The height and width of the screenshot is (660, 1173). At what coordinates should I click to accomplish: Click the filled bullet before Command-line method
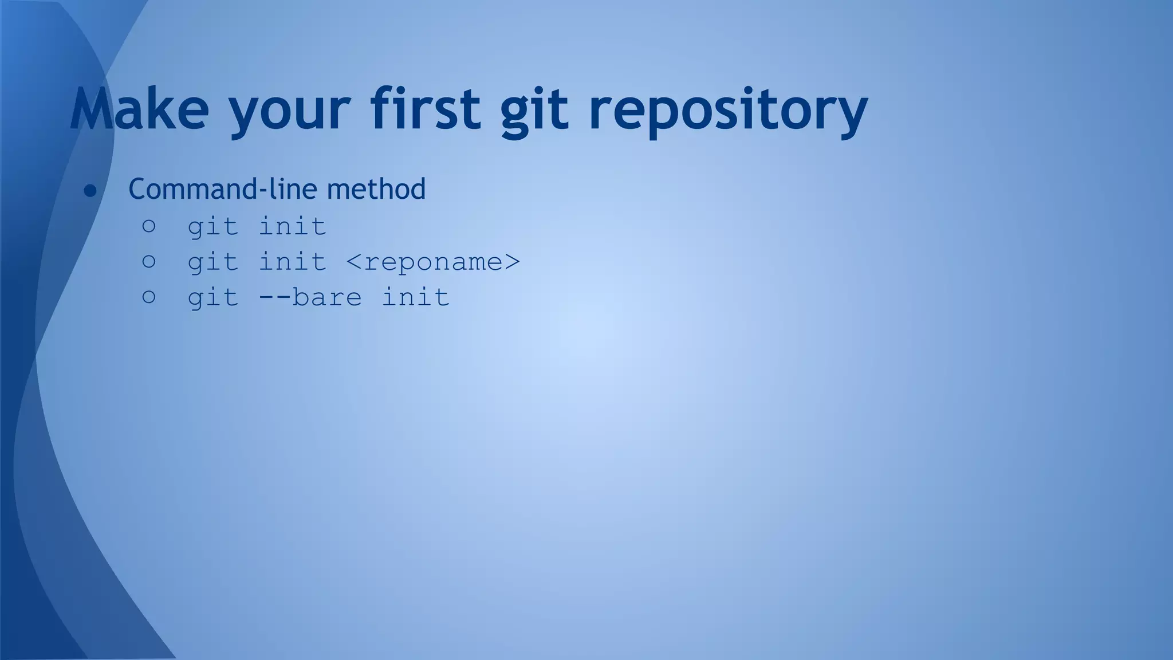(90, 191)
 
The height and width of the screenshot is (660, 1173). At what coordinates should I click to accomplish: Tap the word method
(376, 189)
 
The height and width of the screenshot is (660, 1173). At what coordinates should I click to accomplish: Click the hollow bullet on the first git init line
(149, 226)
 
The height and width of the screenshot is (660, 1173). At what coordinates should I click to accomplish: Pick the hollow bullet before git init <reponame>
(149, 262)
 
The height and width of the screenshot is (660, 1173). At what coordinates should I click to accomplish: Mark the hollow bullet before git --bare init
(149, 297)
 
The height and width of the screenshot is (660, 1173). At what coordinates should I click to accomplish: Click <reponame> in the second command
(433, 262)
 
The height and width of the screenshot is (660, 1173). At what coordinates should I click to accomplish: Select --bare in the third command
(310, 297)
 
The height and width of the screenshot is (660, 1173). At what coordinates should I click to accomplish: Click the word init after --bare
(415, 297)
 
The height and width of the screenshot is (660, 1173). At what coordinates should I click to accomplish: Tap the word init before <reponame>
(293, 262)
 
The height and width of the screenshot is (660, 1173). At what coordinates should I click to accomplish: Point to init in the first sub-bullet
(293, 226)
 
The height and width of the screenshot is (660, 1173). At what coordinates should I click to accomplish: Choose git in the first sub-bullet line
(213, 227)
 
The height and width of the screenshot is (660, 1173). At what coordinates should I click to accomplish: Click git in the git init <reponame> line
(213, 263)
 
